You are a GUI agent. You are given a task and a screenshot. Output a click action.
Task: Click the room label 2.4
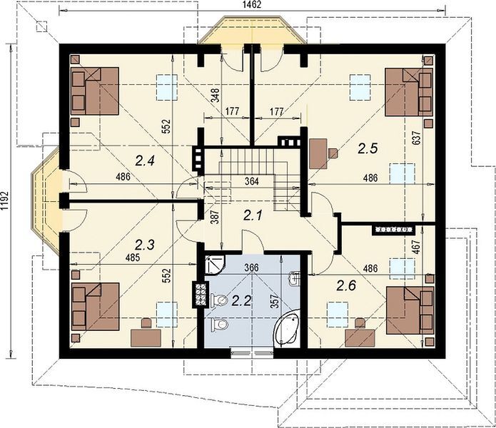tap(145, 161)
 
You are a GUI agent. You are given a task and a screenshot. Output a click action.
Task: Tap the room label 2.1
tap(253, 215)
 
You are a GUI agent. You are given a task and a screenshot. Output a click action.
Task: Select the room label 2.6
tap(346, 286)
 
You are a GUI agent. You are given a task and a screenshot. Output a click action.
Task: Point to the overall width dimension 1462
tap(252, 5)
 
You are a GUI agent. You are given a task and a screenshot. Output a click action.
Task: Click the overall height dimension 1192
tap(4, 200)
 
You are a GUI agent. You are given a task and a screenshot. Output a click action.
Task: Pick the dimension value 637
tap(417, 138)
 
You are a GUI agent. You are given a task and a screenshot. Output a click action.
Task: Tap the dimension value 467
tap(417, 248)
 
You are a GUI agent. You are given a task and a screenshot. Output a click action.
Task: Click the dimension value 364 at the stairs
tap(252, 181)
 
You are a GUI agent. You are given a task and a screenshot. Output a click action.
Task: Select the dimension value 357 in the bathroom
tap(274, 301)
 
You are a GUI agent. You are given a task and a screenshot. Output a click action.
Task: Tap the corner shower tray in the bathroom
tap(214, 265)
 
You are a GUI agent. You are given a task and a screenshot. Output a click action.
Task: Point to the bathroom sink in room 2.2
tap(294, 278)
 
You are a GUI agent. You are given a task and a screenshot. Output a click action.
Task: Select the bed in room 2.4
tap(95, 91)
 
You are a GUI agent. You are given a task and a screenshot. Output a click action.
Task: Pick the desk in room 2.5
tap(318, 153)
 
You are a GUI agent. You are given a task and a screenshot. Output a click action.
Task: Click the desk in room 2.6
tap(360, 339)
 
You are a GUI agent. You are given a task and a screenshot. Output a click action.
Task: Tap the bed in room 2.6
tap(410, 310)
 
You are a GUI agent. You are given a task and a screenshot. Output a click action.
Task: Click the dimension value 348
tap(216, 95)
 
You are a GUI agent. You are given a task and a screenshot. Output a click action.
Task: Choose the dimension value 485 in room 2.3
tap(132, 258)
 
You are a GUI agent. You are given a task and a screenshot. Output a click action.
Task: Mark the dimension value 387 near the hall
tap(216, 217)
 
